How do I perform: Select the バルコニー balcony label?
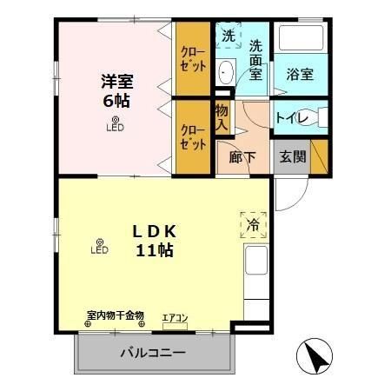pos(152,354)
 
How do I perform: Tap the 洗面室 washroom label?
pos(255,60)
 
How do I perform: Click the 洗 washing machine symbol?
pos(227,36)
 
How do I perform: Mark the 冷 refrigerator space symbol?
pos(253,223)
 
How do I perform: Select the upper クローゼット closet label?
pos(192,57)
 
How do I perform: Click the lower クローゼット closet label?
pos(192,137)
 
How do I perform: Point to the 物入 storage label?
pos(222,117)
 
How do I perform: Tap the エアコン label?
pos(175,317)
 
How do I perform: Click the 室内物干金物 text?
pos(115,315)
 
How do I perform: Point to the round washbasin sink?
pos(225,71)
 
